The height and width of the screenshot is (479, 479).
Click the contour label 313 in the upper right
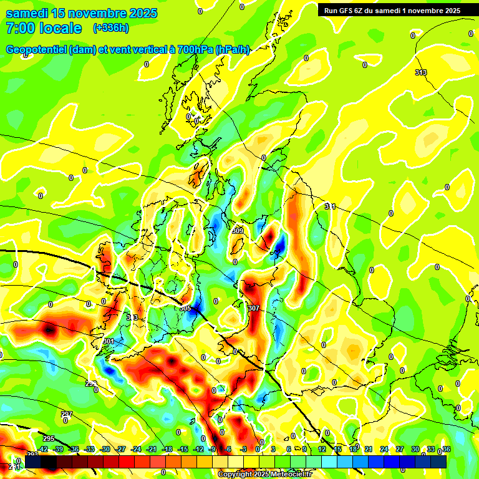(421, 72)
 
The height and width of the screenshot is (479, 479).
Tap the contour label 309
(238, 231)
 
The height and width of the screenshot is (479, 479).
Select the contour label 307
(253, 308)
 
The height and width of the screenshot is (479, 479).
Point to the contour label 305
(185, 308)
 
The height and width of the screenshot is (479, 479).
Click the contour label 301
(109, 341)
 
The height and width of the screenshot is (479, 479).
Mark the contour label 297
(67, 414)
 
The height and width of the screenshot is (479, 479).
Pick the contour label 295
(49, 438)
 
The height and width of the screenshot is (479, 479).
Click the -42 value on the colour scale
(43, 449)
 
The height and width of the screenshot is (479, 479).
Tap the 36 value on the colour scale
(446, 449)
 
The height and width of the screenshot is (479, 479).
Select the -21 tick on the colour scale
(152, 449)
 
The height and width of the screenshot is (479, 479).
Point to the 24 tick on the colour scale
(385, 449)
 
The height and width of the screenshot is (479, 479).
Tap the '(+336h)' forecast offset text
(110, 28)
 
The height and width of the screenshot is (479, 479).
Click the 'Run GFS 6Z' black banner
(389, 10)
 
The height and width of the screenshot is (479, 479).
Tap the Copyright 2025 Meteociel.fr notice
(264, 474)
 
